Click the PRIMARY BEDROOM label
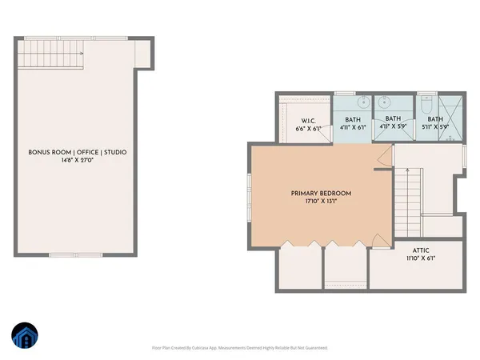pos(320,194)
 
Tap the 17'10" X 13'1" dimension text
pos(320,202)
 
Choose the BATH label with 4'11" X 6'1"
pos(351,119)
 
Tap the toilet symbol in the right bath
pos(426,103)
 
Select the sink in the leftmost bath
pos(362,102)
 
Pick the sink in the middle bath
pos(384,102)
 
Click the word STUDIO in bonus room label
pos(113,152)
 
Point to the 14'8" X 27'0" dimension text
pos(77,160)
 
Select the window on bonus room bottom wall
pos(70,255)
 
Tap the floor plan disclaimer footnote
pos(240,348)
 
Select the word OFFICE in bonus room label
pos(82,152)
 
